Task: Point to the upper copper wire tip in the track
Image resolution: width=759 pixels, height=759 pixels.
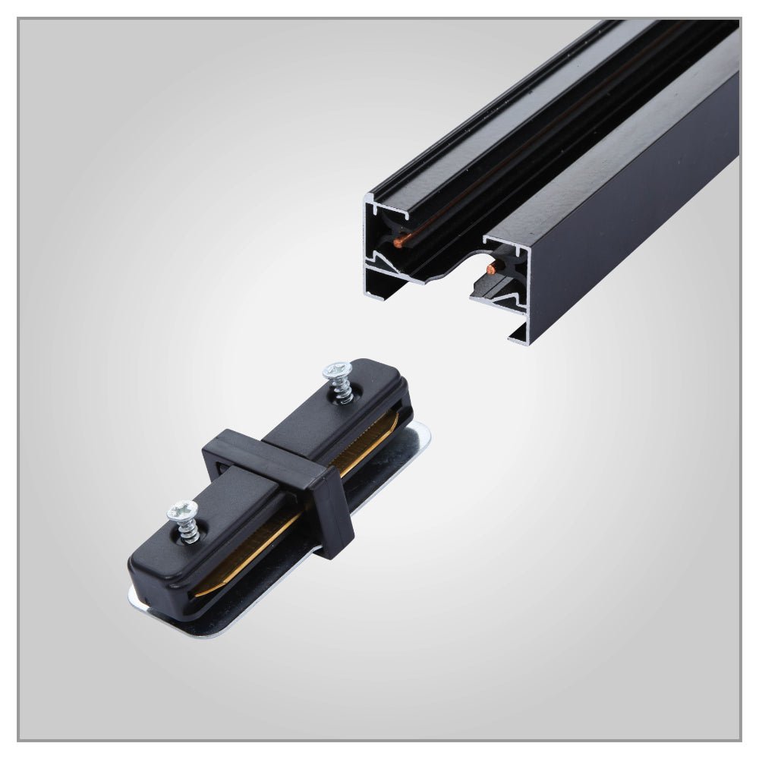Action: pyautogui.click(x=400, y=241)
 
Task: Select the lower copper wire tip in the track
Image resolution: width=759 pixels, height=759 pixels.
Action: pyautogui.click(x=493, y=267)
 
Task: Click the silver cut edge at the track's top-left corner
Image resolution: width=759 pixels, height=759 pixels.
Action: pyautogui.click(x=370, y=199)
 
